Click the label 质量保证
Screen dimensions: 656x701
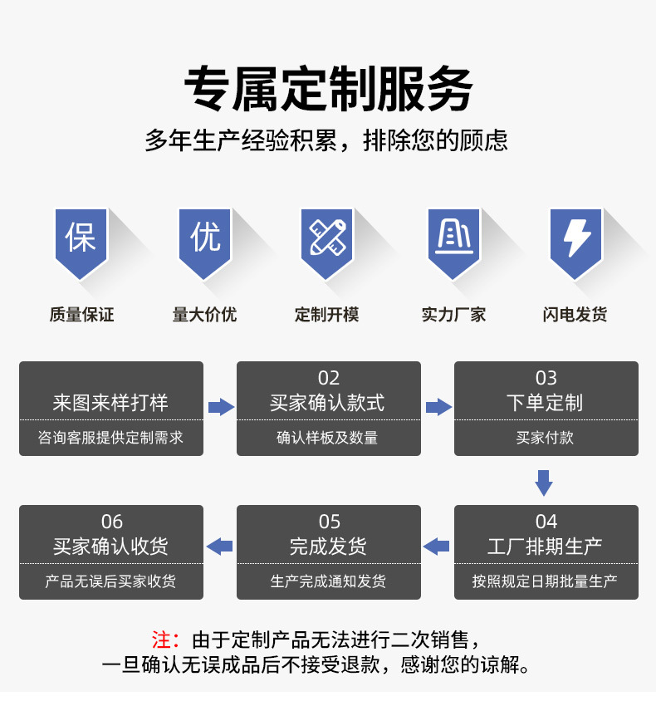click(x=81, y=315)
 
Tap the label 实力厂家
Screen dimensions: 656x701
click(x=453, y=315)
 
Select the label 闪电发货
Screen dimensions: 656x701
click(x=575, y=315)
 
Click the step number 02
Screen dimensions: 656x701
click(x=329, y=378)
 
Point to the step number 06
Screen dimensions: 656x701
click(x=112, y=522)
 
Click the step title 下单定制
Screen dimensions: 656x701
click(x=546, y=404)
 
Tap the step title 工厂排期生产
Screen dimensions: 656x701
click(x=546, y=547)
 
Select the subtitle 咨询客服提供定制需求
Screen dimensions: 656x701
click(x=111, y=438)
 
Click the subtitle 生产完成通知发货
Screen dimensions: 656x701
click(x=329, y=581)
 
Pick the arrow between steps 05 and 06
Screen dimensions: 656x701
click(x=220, y=546)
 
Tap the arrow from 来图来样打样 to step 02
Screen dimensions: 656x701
click(x=220, y=407)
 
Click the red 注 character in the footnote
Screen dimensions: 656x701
click(x=162, y=640)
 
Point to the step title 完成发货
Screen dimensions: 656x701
click(x=329, y=547)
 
